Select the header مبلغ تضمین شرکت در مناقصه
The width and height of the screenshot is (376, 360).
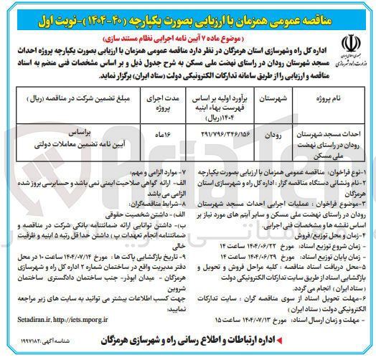(80, 98)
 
